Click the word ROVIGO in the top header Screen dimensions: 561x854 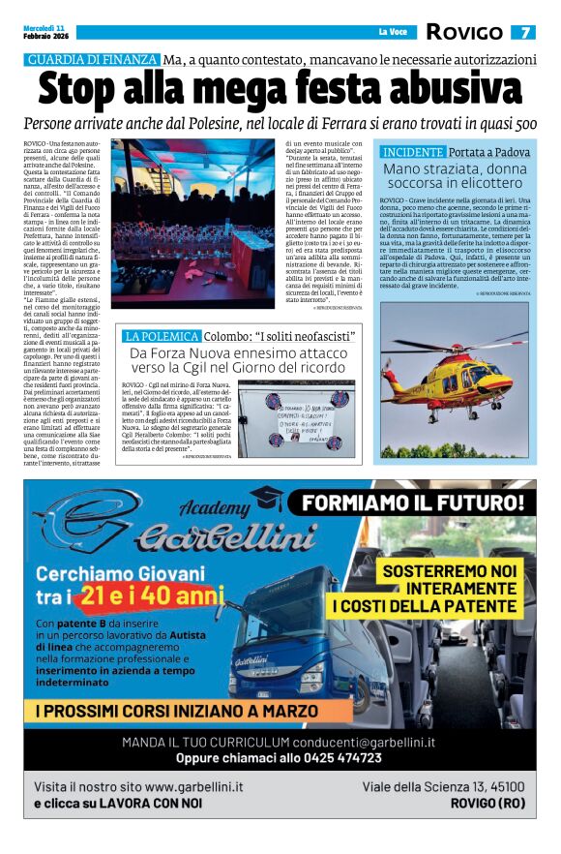click(x=466, y=32)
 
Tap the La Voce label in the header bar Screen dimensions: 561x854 click(x=392, y=33)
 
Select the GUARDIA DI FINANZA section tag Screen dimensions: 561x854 click(x=92, y=59)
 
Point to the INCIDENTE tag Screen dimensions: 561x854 click(x=413, y=153)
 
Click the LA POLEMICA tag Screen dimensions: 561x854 click(x=161, y=337)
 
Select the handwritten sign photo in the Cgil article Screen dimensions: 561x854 click(x=301, y=416)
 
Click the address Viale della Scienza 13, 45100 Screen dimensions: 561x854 click(x=444, y=787)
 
